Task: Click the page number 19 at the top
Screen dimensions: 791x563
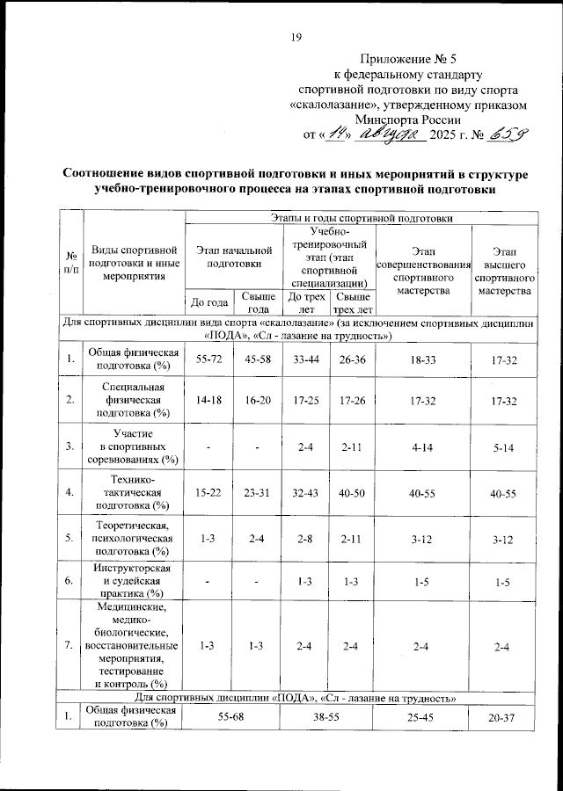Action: pyautogui.click(x=296, y=36)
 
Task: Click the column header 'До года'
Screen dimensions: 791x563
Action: pyautogui.click(x=208, y=303)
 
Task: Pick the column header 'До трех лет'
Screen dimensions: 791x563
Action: pyautogui.click(x=304, y=302)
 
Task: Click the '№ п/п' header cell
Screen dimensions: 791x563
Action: pyautogui.click(x=69, y=262)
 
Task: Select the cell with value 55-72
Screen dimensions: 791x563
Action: pyautogui.click(x=208, y=359)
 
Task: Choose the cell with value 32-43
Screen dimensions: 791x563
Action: pyautogui.click(x=304, y=494)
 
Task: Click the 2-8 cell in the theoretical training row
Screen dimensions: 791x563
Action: pyautogui.click(x=304, y=538)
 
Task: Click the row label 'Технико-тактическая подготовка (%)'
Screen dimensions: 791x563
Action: pyautogui.click(x=134, y=493)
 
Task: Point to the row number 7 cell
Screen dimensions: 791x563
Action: pyautogui.click(x=69, y=647)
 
